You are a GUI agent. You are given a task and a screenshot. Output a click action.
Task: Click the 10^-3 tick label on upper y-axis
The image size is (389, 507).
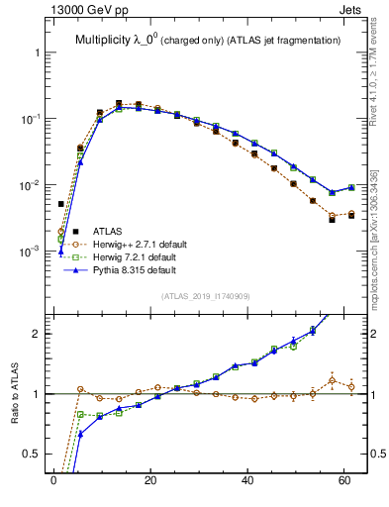pos(29,252)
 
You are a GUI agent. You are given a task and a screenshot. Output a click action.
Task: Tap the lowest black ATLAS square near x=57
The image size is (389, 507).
pos(333,220)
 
